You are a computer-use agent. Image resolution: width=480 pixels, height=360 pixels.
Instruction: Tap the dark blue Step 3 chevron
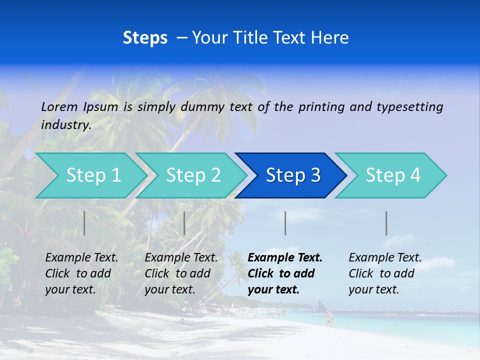[x=293, y=175]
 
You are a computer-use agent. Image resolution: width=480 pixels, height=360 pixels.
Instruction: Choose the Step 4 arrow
[x=393, y=175]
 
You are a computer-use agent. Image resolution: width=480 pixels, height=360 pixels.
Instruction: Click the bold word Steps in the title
[x=145, y=37]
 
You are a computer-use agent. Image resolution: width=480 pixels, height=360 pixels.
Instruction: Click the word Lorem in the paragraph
[x=60, y=106]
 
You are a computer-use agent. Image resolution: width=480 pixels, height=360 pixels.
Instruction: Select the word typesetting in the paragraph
[x=409, y=106]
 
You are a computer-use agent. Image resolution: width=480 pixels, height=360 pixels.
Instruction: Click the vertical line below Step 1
[x=84, y=223]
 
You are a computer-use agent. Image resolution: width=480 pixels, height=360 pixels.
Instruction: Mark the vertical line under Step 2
[x=184, y=223]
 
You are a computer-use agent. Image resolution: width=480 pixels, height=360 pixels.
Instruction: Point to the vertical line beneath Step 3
[x=285, y=223]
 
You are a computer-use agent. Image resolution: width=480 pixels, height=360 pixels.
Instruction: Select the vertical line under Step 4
[x=386, y=223]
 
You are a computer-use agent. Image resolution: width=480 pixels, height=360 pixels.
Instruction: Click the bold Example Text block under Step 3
[x=285, y=273]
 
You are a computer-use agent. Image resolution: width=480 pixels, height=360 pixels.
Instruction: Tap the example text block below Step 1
[x=81, y=273]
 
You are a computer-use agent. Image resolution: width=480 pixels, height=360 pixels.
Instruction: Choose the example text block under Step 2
[x=181, y=273]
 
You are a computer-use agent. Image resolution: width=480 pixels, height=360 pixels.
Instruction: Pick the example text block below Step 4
[x=385, y=273]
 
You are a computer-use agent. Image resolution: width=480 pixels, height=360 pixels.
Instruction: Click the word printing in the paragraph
[x=320, y=106]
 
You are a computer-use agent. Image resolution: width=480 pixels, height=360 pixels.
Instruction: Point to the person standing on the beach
[x=329, y=318]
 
